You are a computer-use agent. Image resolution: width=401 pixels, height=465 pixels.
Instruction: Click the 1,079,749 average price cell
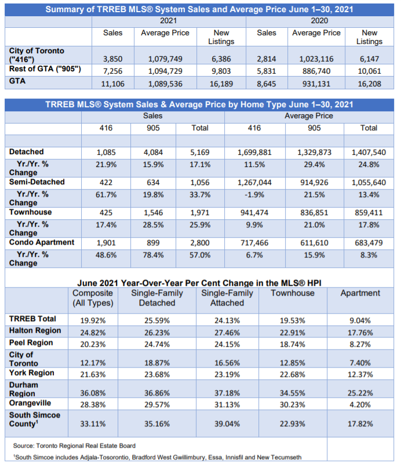click(165, 59)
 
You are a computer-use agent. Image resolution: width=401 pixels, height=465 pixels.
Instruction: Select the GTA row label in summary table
click(18, 81)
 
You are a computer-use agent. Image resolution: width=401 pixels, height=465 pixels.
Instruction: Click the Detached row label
click(27, 152)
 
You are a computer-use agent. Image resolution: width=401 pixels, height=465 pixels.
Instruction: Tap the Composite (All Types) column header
click(93, 298)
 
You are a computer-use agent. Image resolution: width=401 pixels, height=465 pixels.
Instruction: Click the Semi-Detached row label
click(37, 182)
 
